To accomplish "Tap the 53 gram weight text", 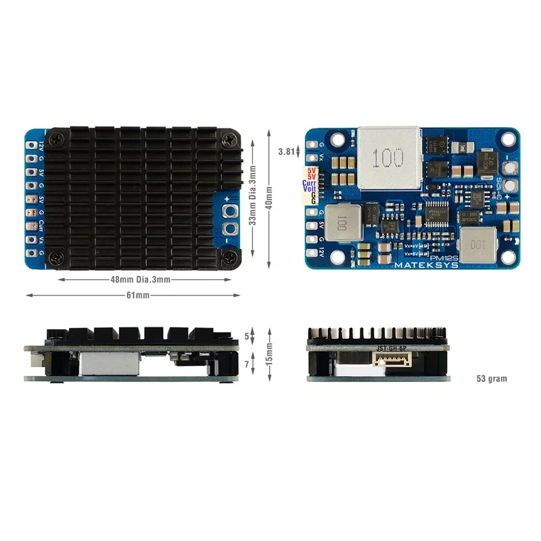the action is (491, 379).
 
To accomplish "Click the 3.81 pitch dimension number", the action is (287, 152).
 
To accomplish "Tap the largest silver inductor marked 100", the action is (389, 158).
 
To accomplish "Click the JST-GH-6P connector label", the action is (392, 348).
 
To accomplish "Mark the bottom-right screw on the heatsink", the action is (231, 257).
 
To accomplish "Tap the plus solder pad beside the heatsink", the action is (229, 211).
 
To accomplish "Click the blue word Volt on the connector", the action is (310, 189).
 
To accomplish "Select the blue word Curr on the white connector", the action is (310, 183).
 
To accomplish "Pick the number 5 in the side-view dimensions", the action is (247, 335).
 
